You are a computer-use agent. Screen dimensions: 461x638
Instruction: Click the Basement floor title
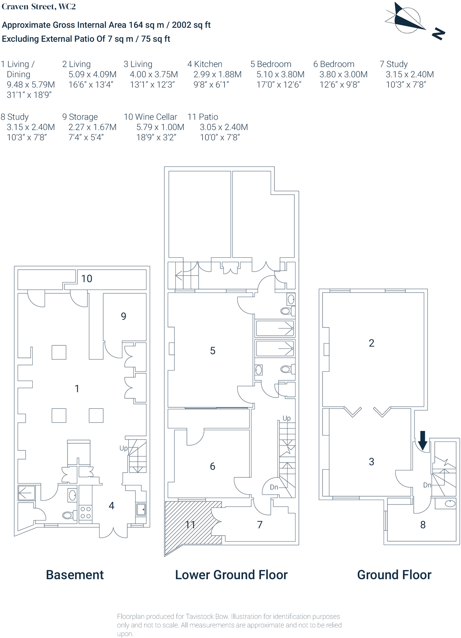(x=75, y=575)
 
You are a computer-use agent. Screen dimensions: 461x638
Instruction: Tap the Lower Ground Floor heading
(x=231, y=575)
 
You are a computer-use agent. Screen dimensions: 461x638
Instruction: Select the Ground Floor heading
(x=394, y=575)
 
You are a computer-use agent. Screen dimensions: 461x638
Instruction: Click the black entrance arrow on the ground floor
(x=422, y=440)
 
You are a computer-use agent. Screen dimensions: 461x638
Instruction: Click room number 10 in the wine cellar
(x=87, y=279)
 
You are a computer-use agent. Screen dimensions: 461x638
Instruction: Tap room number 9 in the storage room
(x=124, y=316)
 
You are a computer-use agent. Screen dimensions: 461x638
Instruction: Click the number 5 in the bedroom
(x=213, y=351)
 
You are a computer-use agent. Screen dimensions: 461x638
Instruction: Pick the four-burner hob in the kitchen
(x=85, y=512)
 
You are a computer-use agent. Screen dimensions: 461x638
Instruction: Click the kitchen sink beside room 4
(x=141, y=509)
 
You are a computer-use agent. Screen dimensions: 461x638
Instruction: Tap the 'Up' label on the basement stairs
(x=124, y=448)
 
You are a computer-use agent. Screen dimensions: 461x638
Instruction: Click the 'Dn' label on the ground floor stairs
(x=427, y=485)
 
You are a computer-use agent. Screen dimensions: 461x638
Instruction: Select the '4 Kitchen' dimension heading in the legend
(x=205, y=64)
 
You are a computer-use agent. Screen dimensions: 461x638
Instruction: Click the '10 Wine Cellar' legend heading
(x=150, y=117)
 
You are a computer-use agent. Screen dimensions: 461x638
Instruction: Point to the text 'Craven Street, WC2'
(x=39, y=6)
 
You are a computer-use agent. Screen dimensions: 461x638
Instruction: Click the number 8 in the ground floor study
(x=423, y=525)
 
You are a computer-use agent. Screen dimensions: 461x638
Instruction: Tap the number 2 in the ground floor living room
(x=372, y=343)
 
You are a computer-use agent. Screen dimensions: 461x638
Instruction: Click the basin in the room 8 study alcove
(x=450, y=504)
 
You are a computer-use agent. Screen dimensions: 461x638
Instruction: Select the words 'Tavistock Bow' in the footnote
(x=207, y=617)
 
